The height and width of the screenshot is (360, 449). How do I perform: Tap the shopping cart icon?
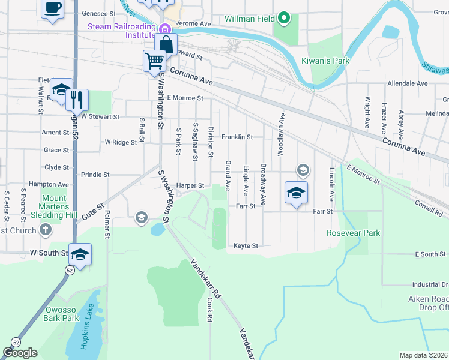[x=154, y=61]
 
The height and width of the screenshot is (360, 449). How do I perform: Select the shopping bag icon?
[x=166, y=44]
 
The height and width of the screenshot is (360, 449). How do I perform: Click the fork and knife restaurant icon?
[x=77, y=100]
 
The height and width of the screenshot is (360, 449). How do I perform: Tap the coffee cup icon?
[x=53, y=8]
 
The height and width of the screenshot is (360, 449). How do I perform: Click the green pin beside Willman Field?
[x=285, y=19]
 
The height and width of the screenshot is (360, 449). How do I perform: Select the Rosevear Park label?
[x=353, y=233]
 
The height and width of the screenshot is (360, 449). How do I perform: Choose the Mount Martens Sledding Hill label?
[x=54, y=206]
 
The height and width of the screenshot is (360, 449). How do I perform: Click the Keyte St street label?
[x=246, y=246]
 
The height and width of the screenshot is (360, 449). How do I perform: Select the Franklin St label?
[x=237, y=137]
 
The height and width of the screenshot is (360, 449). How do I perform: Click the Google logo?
[x=20, y=353]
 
